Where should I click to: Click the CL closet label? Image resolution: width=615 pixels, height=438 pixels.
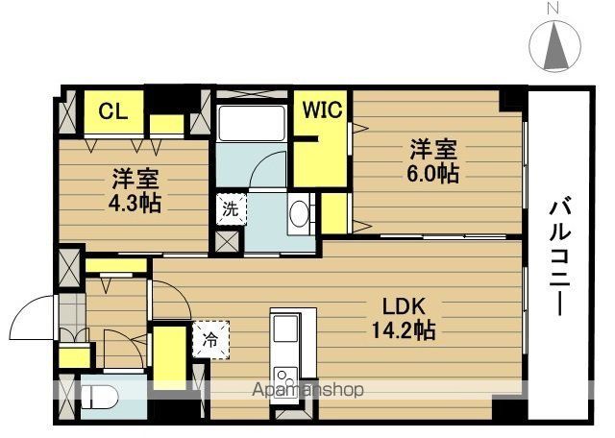tap(113, 111)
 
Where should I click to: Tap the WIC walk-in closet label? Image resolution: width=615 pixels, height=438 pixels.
tap(322, 109)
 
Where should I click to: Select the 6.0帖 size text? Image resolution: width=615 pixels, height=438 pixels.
tap(432, 174)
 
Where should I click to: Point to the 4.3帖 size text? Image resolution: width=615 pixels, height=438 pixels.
tap(135, 204)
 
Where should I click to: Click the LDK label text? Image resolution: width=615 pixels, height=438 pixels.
tap(404, 306)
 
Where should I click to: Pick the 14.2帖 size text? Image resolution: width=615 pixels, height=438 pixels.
tap(404, 330)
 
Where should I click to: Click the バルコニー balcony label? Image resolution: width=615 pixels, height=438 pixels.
tap(559, 257)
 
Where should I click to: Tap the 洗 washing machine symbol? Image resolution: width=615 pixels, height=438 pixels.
tap(231, 209)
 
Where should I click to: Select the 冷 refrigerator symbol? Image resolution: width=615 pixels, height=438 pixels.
tap(210, 340)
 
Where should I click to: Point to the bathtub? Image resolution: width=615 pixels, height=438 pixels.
tap(252, 123)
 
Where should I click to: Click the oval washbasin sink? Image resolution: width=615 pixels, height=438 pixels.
tap(299, 213)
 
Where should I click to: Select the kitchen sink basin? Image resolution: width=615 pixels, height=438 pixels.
tap(285, 328)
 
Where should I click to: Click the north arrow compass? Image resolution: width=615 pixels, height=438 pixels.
tap(555, 45)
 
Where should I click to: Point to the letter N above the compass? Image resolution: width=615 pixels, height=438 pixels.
tap(553, 8)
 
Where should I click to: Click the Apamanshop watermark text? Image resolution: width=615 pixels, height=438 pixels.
tap(307, 390)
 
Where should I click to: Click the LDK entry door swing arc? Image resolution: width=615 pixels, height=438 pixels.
tap(176, 292)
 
